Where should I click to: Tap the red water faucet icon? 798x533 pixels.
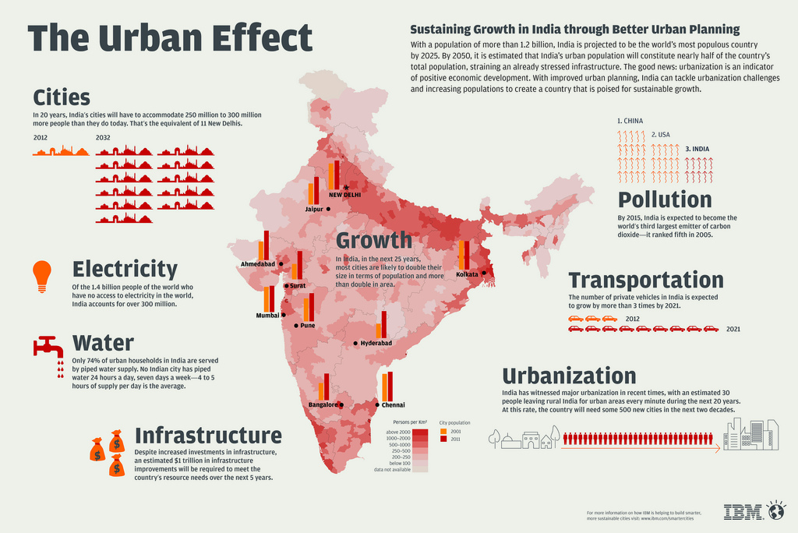point(48,348)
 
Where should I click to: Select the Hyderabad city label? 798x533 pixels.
point(376,343)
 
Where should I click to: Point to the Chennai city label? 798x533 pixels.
point(394,405)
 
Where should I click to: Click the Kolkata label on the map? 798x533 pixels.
point(467,274)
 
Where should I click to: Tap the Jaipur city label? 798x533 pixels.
point(314,210)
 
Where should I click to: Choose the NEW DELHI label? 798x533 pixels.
point(345,195)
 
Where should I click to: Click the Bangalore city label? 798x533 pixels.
point(323,405)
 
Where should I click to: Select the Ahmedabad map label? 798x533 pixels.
point(258,264)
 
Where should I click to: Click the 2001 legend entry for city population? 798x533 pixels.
point(455,430)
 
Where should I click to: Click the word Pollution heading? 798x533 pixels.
point(665,199)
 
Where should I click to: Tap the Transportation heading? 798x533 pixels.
point(646,280)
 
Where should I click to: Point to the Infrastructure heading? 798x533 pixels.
point(208,434)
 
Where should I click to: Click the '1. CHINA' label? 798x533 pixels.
point(630,122)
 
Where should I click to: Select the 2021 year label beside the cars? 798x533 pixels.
point(733,329)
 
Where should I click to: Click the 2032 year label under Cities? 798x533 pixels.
point(103,137)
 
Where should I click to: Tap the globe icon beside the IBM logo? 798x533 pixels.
point(776,511)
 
